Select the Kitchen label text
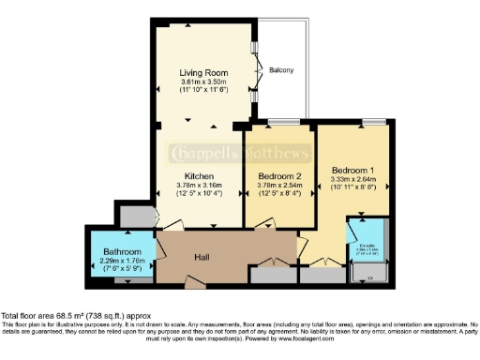[x=198, y=176]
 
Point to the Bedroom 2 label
[x=279, y=176]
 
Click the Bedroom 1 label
[x=353, y=170]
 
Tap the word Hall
[x=202, y=257]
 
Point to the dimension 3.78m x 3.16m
[x=198, y=186]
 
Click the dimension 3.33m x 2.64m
[x=353, y=179]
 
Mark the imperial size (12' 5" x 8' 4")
[x=279, y=194]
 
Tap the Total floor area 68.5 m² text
[x=75, y=316]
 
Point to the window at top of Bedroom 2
[x=279, y=123]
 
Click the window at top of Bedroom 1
[x=373, y=123]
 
